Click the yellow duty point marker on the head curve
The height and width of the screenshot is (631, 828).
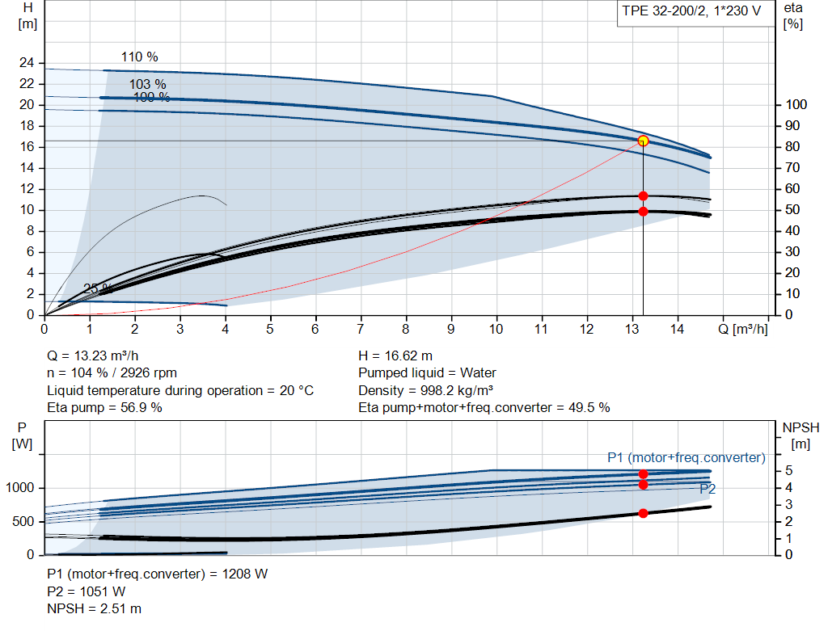pos(643,141)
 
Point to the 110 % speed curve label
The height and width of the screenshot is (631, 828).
pos(140,57)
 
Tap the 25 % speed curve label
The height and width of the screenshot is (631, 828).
pos(98,288)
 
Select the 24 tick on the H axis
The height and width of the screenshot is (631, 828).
pos(27,63)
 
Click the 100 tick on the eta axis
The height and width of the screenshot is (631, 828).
pos(796,105)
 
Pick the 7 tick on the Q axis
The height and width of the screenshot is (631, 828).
pos(361,329)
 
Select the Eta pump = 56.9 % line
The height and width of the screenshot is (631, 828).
pos(104,407)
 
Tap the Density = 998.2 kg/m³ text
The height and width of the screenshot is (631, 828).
pos(426,390)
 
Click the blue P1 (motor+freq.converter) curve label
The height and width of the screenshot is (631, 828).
pos(686,457)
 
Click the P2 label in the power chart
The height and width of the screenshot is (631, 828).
pos(708,489)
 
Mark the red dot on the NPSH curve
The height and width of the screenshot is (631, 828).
pos(643,513)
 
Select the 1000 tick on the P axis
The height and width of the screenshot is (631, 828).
pos(21,488)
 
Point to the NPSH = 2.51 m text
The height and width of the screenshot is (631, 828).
pos(94,608)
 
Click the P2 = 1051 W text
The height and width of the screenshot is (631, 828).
pos(86,591)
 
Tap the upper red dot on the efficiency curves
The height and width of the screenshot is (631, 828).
pos(643,196)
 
